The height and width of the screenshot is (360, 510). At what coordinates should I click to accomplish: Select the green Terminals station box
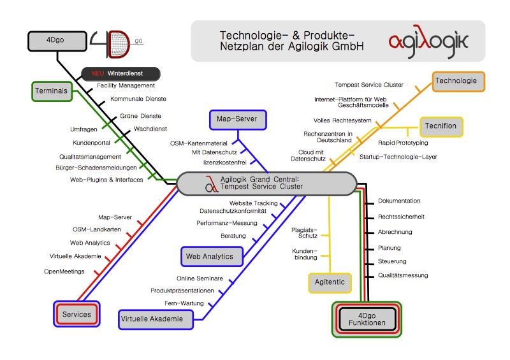point(52,91)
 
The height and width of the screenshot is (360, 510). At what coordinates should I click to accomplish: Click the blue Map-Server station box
point(238,119)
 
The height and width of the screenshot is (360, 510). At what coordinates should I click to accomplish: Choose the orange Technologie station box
point(459,81)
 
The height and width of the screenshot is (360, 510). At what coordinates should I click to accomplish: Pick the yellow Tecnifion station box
point(441,126)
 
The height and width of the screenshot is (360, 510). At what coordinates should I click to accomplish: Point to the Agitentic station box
point(330,282)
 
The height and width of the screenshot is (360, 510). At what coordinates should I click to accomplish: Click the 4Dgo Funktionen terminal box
point(367,319)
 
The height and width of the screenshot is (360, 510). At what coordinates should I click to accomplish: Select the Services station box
point(76,315)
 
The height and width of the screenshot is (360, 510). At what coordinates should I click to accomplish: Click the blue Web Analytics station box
point(210,257)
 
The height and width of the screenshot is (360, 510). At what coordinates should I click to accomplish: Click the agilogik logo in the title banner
point(428,41)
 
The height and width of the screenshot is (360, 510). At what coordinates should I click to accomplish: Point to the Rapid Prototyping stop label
point(403,143)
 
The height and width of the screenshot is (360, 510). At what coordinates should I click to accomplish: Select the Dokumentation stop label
point(399,201)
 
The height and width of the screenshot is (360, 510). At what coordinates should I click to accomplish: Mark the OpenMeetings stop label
point(64,271)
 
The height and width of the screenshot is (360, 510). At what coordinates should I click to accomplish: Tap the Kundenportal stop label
point(91,143)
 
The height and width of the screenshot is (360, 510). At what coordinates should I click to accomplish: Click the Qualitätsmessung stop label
point(403,276)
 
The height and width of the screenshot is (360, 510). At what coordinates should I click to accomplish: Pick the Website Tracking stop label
point(253,203)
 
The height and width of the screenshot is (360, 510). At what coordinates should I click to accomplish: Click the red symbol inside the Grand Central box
point(212,185)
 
